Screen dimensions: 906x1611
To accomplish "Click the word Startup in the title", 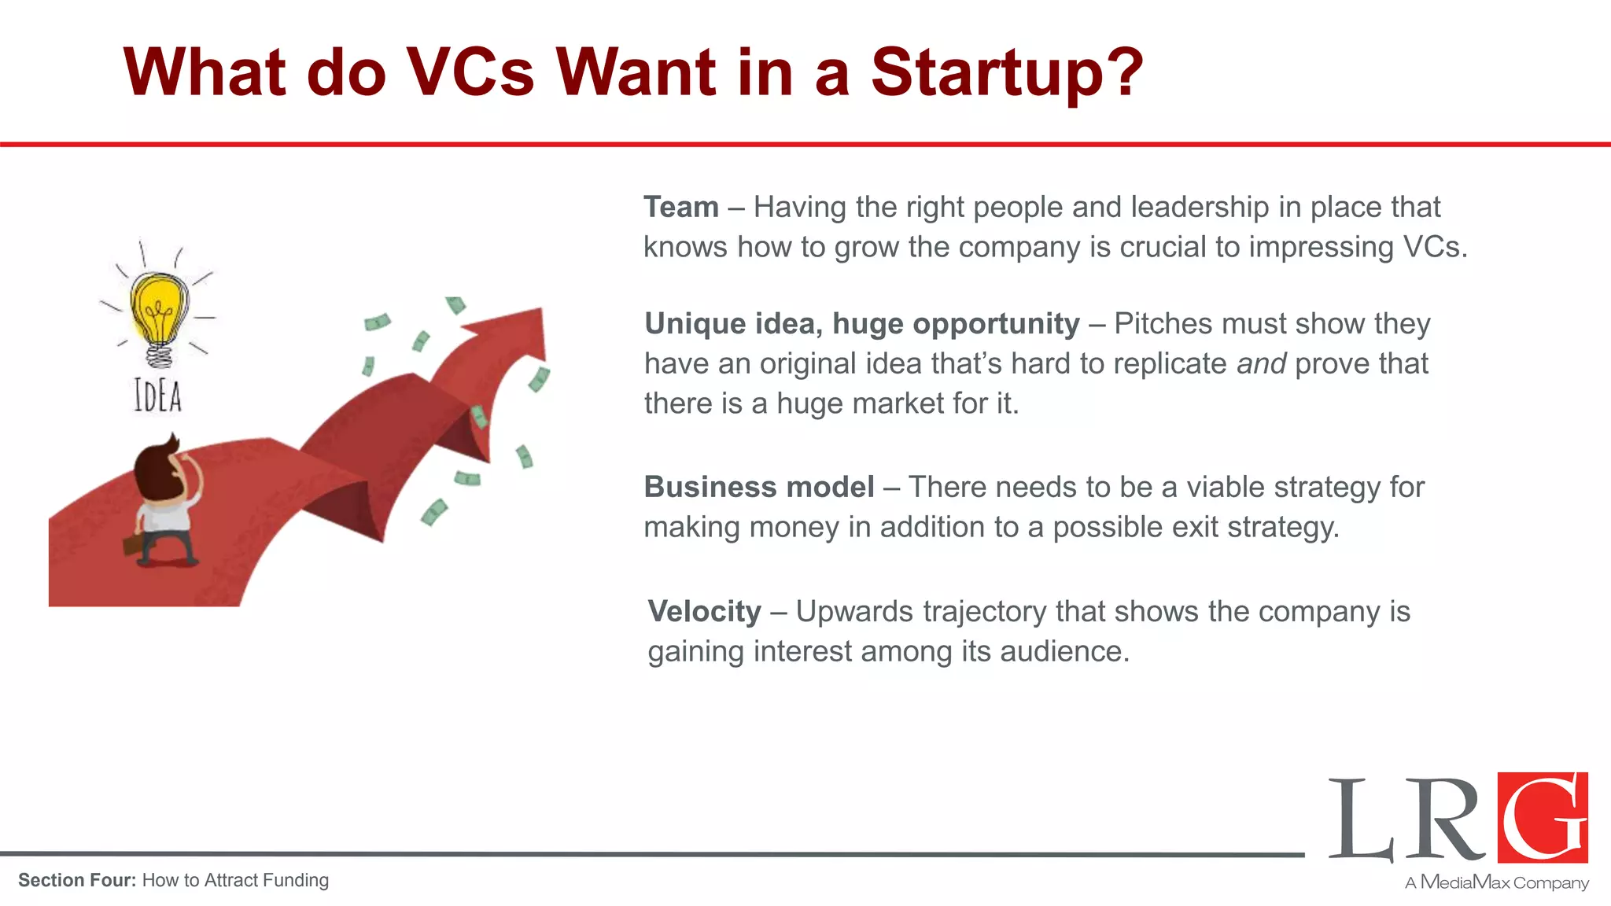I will [x=1007, y=72].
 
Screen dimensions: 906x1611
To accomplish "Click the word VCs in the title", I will [x=470, y=72].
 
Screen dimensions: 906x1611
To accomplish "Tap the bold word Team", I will [x=681, y=208].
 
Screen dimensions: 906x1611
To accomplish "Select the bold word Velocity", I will [x=705, y=612].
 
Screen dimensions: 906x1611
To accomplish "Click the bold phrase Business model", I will [x=759, y=488].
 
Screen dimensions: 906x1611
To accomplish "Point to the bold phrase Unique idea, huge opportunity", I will [x=862, y=324].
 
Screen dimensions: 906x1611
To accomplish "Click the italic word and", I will [x=1261, y=364].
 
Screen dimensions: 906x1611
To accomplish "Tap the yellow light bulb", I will [x=160, y=309].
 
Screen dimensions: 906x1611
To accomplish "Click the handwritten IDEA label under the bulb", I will [x=158, y=396].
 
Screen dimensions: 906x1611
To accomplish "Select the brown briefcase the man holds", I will [x=133, y=544].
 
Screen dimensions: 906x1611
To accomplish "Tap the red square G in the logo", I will [x=1543, y=817].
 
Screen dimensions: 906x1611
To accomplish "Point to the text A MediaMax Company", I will [x=1497, y=882].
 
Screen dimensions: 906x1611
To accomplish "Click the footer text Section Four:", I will [x=77, y=881].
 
